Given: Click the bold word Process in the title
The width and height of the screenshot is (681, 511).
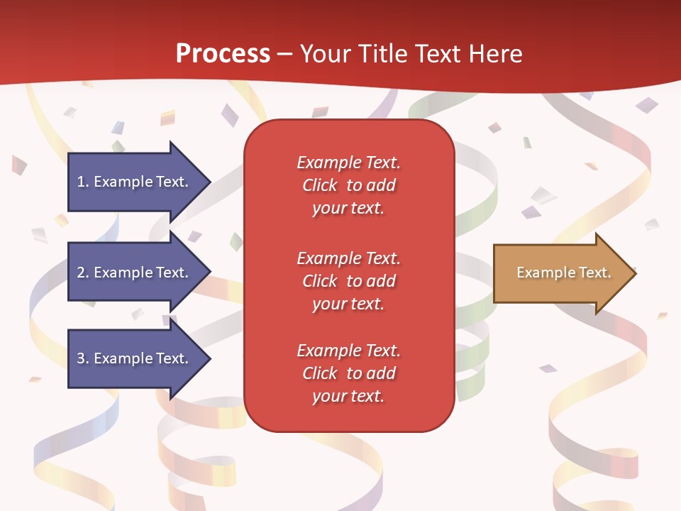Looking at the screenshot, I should [x=223, y=54].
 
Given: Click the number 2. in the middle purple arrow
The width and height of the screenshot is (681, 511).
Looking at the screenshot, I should [x=83, y=273].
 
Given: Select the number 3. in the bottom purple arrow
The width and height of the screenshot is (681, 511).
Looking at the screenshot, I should [x=83, y=358].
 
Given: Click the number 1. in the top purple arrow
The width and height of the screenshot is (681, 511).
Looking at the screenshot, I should [x=83, y=182].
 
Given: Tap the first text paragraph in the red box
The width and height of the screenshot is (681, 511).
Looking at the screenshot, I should [x=348, y=185].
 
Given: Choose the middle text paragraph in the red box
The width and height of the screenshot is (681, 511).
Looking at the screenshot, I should [x=348, y=280].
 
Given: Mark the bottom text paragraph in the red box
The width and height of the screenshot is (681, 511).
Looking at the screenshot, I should [x=348, y=373].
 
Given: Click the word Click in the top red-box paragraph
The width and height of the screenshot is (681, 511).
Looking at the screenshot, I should [x=319, y=185].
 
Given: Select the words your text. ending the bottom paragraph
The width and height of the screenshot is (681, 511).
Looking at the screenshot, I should [x=348, y=396].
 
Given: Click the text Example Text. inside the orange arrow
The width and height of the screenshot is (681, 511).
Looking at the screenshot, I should [x=563, y=273].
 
